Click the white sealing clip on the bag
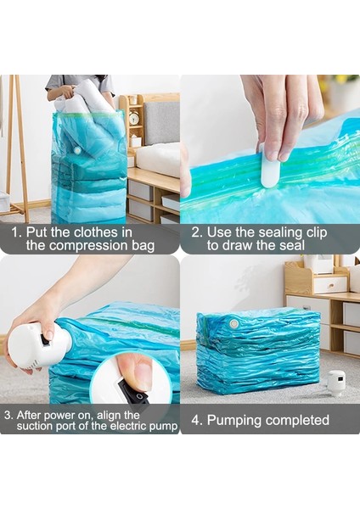point(269,170)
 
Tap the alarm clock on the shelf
point(134,118)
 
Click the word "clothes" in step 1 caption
point(109,231)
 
